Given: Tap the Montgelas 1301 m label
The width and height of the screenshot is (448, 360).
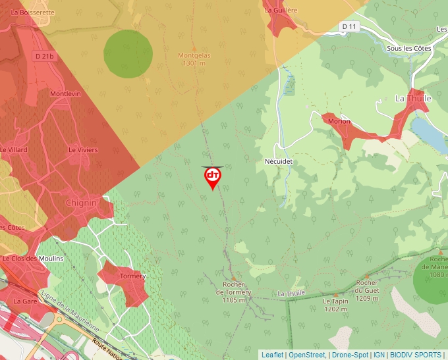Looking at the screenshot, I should click(194, 60).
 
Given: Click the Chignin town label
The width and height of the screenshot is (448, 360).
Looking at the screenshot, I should click(81, 203).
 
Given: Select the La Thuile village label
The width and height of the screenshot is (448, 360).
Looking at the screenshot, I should click(412, 99).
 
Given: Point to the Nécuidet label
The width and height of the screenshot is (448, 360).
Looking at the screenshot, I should click(277, 161).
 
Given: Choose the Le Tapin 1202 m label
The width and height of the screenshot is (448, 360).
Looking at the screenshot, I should click(335, 304).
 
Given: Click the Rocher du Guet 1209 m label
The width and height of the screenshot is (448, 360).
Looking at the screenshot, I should click(366, 294).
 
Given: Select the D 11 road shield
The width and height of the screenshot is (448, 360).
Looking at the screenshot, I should click(349, 26).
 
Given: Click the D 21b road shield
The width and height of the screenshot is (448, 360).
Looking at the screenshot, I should click(43, 57).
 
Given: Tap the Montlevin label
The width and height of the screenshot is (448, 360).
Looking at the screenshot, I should click(65, 94).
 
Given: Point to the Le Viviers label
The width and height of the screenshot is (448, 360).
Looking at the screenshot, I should click(83, 150).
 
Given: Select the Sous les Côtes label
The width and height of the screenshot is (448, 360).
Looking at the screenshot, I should click(405, 49).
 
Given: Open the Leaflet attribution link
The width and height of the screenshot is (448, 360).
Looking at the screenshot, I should click(272, 355).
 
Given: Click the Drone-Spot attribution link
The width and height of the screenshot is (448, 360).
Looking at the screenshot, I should click(350, 355).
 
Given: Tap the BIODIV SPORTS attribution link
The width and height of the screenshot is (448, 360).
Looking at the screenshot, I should click(416, 355).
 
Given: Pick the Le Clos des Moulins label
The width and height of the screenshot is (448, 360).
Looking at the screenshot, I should click(33, 259).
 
